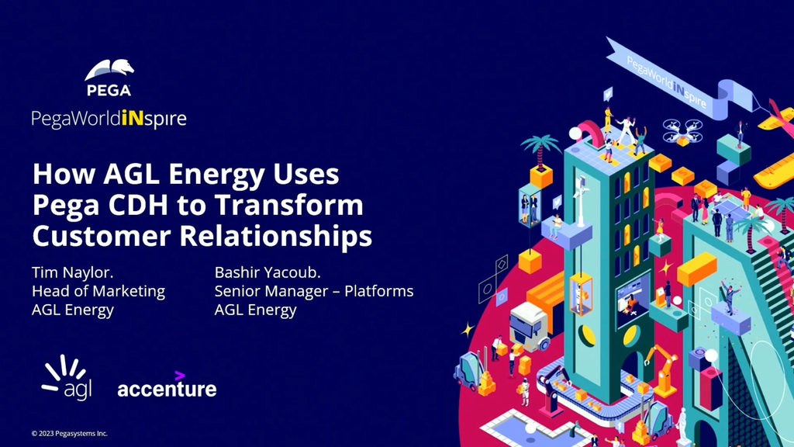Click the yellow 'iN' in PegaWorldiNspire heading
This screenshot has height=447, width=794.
coord(133,118)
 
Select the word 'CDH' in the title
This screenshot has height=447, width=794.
coord(139,205)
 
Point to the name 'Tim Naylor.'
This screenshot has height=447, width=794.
coord(72,272)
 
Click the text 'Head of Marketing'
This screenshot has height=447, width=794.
coord(98,291)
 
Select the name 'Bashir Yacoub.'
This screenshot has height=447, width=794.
coord(268,272)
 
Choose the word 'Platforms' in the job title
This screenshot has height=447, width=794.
coord(378,291)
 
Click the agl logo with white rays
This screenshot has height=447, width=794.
coord(67,377)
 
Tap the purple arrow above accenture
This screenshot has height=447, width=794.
coord(180,376)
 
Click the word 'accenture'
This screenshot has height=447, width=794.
coord(167,389)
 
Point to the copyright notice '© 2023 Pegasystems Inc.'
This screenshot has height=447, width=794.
coord(69,433)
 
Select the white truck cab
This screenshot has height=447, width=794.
coord(528,327)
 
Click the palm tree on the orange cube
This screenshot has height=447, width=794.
coord(540,150)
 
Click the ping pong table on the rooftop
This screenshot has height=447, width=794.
coord(730,209)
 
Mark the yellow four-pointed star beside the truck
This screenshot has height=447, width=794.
coord(467,330)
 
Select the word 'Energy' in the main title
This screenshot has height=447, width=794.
coord(217,175)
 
